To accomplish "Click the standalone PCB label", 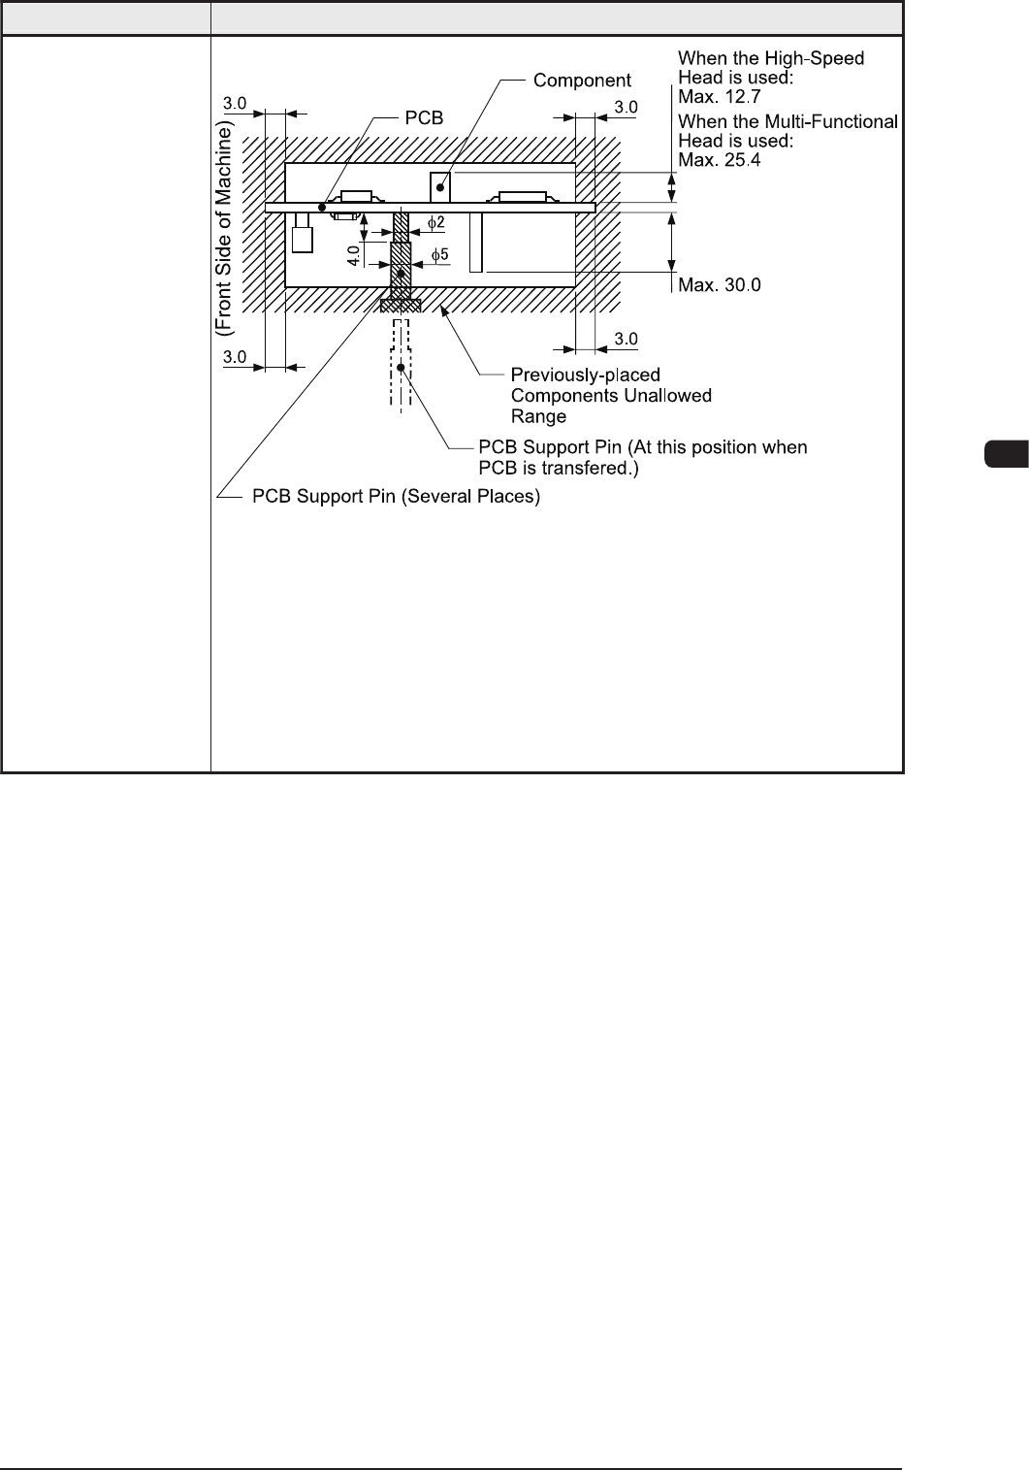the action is tap(424, 117).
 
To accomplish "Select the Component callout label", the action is tap(582, 81).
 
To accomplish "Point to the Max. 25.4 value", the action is tap(720, 159).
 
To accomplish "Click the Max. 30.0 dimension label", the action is tap(720, 284).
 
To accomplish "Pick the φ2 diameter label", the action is tap(437, 222).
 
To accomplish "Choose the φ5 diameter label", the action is tap(439, 255).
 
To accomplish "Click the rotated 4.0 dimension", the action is tap(354, 255).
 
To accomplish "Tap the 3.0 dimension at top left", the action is tap(236, 101).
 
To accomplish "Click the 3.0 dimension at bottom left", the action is tap(236, 357).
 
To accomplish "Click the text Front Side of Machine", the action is tap(225, 231).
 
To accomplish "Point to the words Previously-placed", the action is tap(585, 375).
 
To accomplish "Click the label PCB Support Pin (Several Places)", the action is tap(396, 497).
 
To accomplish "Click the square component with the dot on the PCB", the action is tap(441, 184).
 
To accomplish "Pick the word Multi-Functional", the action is tap(832, 120).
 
